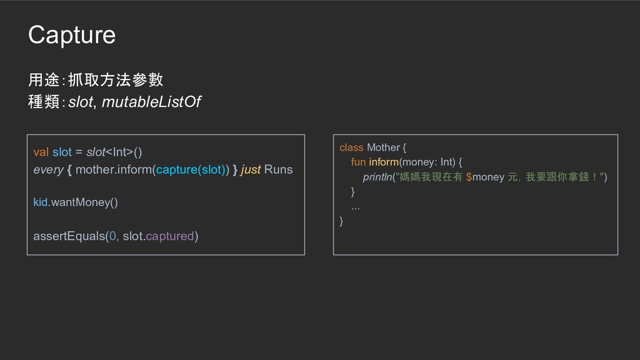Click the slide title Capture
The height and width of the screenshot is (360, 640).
coord(72,36)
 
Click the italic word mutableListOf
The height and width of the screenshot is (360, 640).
coord(151,102)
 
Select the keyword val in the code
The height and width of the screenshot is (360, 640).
coord(41,152)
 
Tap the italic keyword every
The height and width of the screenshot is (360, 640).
coord(48,169)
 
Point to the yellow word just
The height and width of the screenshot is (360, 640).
coord(251,169)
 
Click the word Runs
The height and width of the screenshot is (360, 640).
coord(278,169)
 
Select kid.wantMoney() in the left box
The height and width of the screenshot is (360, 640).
coord(75,202)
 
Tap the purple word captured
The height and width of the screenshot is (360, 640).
coord(169,236)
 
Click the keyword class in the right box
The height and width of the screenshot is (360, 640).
coord(351,147)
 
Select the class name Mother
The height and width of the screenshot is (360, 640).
coord(383,147)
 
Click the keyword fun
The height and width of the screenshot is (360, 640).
coord(358,162)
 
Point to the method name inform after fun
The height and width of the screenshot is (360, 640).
coord(384,162)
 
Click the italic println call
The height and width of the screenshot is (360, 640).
coord(377,177)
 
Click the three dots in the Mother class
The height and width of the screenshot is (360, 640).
coord(356,206)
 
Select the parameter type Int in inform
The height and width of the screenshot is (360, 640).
coord(446,162)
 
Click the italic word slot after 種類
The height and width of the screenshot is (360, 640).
coord(80,102)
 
